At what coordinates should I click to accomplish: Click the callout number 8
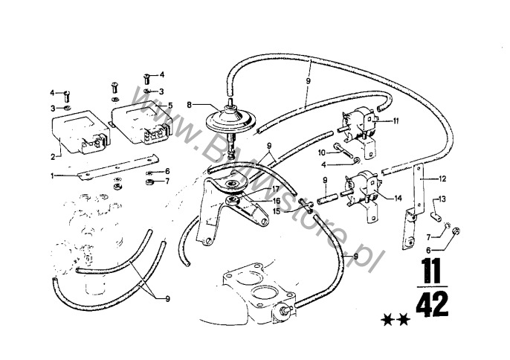pos(190,105)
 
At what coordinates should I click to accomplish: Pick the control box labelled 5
pos(142,123)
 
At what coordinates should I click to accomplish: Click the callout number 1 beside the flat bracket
pos(52,176)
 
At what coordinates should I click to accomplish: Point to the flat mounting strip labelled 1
pos(118,167)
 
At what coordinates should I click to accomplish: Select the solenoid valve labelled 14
pos(361,196)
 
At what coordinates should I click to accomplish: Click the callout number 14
pos(398,198)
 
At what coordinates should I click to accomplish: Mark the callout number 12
pos(442,179)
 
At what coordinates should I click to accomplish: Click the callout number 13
pos(442,199)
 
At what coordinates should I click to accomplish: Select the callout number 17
pos(276,189)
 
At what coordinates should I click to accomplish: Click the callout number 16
pos(277,201)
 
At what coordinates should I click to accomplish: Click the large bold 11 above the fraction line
pos(430,271)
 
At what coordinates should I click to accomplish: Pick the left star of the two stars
pos(387,320)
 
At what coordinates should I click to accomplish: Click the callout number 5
pos(170,106)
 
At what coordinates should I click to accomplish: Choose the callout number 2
pos(53,157)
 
